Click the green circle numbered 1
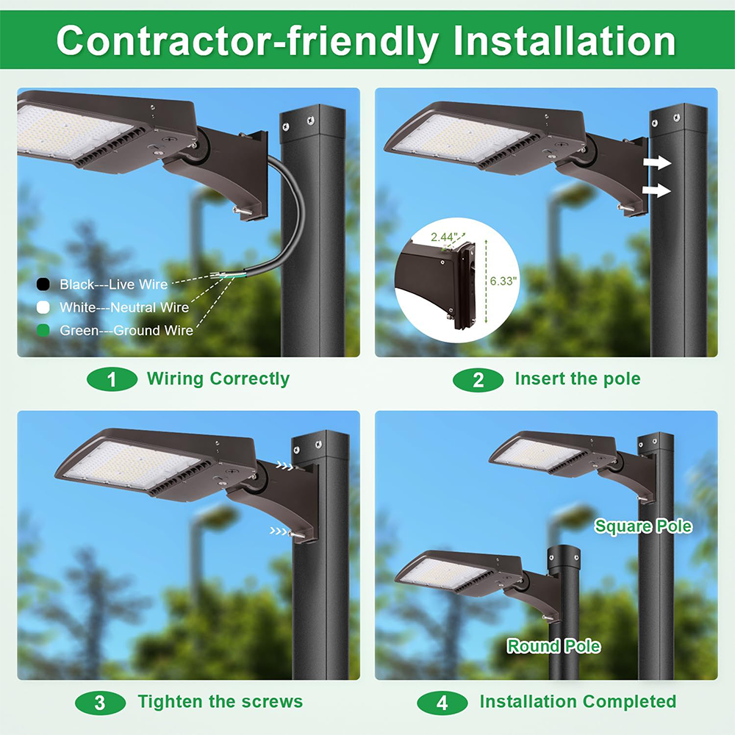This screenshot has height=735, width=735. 112,379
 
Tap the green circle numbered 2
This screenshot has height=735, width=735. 478,379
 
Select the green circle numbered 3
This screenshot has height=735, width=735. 100,702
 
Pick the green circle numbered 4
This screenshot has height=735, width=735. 442,702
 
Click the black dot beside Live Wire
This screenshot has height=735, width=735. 43,284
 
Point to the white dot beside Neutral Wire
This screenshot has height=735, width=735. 43,307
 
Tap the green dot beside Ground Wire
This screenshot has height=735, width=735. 43,331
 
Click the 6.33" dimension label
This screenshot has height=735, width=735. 503,280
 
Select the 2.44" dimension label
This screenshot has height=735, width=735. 445,237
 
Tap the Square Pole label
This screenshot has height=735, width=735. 643,526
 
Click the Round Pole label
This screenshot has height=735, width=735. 553,647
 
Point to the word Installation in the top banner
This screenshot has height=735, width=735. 564,40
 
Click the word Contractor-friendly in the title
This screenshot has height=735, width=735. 246,40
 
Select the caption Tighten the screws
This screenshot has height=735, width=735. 220,702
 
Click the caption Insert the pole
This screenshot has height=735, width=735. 578,379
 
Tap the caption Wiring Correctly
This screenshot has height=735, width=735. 218,379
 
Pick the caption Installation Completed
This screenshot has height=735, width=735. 578,702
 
